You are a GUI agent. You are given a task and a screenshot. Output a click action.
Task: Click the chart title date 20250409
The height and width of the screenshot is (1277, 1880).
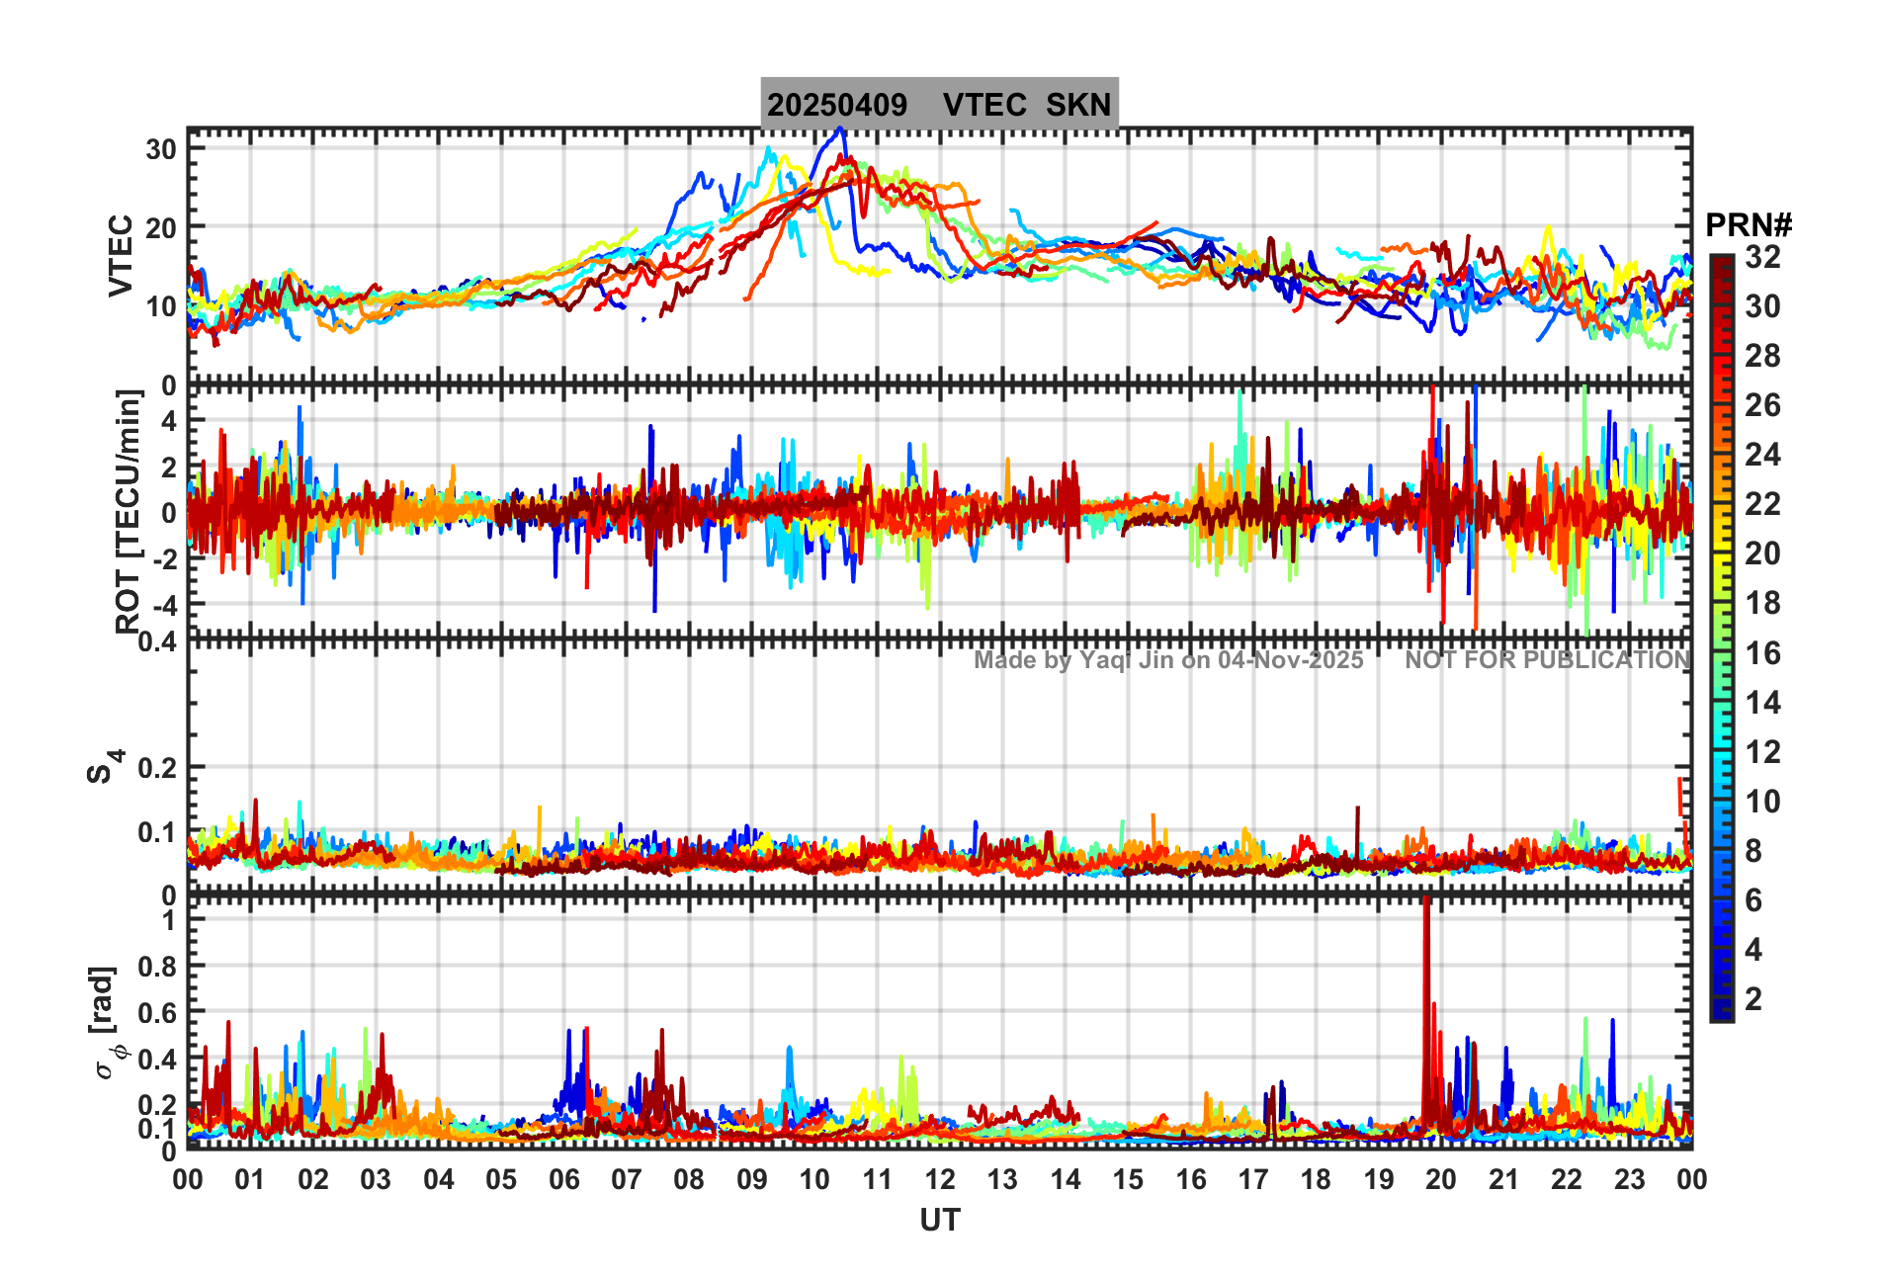click(x=837, y=105)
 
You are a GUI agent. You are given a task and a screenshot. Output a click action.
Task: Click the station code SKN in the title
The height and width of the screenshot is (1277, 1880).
click(x=1078, y=105)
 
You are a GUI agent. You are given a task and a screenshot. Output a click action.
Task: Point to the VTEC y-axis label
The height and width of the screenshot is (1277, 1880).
click(x=121, y=255)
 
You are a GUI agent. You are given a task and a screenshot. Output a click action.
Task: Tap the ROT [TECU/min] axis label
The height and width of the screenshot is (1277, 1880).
click(x=128, y=511)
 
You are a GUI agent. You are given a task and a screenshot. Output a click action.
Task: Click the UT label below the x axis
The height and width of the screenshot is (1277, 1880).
click(x=939, y=1221)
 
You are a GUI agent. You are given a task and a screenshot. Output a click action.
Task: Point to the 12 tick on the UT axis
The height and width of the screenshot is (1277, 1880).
click(x=939, y=1179)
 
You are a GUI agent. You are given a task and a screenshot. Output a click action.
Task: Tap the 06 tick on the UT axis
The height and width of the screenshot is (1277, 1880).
click(x=563, y=1179)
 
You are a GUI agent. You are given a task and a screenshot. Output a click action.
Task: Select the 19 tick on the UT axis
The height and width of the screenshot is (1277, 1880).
click(x=1378, y=1179)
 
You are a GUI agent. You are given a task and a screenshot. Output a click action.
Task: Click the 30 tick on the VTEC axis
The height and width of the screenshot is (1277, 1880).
click(x=161, y=150)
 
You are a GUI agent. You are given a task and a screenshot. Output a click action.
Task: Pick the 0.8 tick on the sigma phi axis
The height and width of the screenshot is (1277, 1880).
click(x=156, y=967)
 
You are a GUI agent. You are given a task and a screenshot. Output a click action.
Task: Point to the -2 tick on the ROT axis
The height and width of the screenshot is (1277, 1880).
click(x=161, y=558)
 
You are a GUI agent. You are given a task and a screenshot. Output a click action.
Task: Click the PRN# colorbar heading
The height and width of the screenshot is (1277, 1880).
click(x=1749, y=225)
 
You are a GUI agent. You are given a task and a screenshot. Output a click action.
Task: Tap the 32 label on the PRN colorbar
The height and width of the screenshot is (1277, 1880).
click(x=1762, y=257)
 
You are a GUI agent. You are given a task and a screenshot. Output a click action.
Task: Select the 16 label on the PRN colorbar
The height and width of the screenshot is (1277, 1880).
click(x=1762, y=653)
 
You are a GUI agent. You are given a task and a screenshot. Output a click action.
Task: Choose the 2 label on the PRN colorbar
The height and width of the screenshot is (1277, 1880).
click(x=1753, y=999)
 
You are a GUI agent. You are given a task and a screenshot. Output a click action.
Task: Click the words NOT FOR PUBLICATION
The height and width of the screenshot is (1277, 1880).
click(x=1547, y=660)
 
